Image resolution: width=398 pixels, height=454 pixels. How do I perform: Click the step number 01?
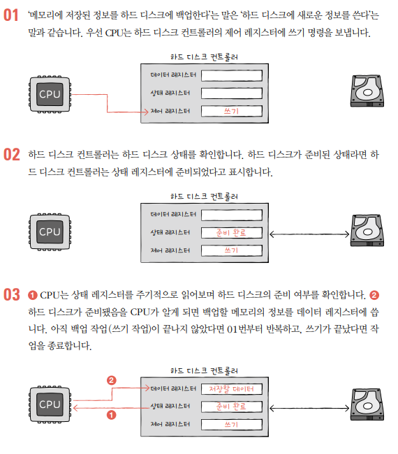pyautogui.click(x=10, y=15)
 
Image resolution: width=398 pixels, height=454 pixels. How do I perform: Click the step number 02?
pyautogui.click(x=12, y=154)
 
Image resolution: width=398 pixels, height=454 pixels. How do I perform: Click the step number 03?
pyautogui.click(x=12, y=294)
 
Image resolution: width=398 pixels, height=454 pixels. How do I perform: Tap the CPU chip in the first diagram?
pyautogui.click(x=50, y=94)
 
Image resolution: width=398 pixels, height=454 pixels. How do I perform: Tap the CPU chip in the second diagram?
pyautogui.click(x=50, y=232)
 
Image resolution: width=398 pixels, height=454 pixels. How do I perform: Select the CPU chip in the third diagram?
pyautogui.click(x=50, y=404)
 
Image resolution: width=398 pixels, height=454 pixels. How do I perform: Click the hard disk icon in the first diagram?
pyautogui.click(x=367, y=91)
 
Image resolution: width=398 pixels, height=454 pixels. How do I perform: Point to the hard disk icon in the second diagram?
pyautogui.click(x=367, y=230)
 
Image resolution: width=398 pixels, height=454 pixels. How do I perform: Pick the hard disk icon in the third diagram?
pyautogui.click(x=367, y=404)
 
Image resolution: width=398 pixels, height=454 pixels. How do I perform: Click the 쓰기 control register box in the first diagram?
pyautogui.click(x=232, y=111)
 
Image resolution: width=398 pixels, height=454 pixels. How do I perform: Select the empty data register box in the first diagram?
pyautogui.click(x=232, y=75)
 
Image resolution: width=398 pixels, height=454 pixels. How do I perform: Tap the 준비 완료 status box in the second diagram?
pyautogui.click(x=232, y=233)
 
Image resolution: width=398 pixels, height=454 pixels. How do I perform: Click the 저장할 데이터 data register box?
pyautogui.click(x=232, y=389)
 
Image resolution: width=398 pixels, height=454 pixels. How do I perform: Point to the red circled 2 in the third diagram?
pyautogui.click(x=111, y=380)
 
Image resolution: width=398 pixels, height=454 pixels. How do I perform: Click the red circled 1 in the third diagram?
pyautogui.click(x=111, y=415)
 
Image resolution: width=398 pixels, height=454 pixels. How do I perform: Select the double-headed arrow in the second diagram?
pyautogui.click(x=309, y=234)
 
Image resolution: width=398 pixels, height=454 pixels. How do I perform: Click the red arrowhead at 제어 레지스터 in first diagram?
pyautogui.click(x=147, y=112)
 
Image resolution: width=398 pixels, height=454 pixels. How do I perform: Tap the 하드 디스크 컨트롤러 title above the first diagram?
pyautogui.click(x=204, y=57)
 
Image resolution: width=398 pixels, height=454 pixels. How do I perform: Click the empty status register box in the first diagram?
pyautogui.click(x=232, y=93)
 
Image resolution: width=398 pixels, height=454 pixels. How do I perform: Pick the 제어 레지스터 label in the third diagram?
pyautogui.click(x=170, y=424)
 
